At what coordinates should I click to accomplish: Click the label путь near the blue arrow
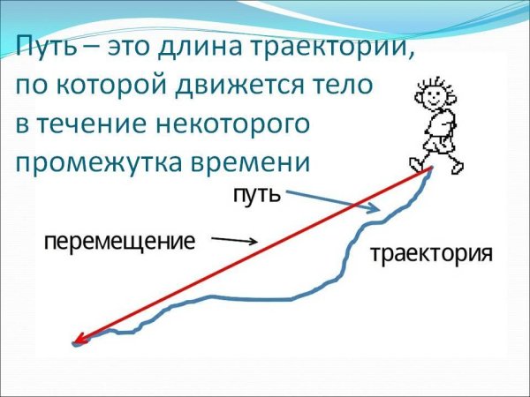pos(257,193)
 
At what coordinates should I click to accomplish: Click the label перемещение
pos(118,240)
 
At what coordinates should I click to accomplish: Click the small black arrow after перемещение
pos(235,239)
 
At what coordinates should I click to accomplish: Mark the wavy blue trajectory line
pos(265,298)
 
